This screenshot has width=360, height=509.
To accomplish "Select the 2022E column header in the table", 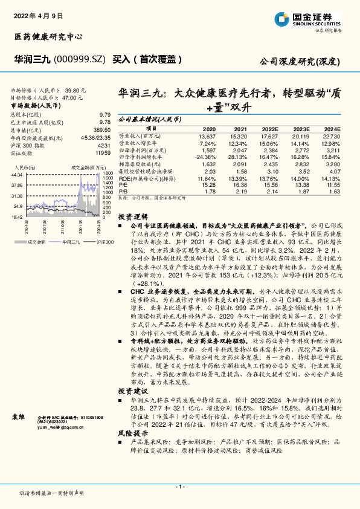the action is pyautogui.click(x=269, y=129).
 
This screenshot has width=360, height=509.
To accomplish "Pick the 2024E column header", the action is pyautogui.click(x=332, y=129).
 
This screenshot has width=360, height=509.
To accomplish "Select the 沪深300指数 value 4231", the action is pyautogui.click(x=103, y=145).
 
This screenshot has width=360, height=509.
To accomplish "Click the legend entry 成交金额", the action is pyautogui.click(x=33, y=241).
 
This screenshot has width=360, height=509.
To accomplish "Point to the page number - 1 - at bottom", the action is pyautogui.click(x=179, y=487).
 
